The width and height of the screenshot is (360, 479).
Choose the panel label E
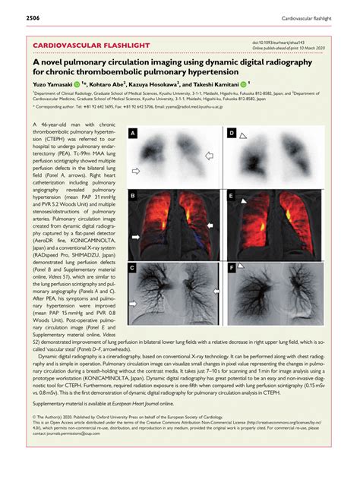pos(231,196)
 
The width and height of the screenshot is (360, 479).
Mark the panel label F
pos(231,268)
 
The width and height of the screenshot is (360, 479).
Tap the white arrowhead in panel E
pos(243,203)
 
